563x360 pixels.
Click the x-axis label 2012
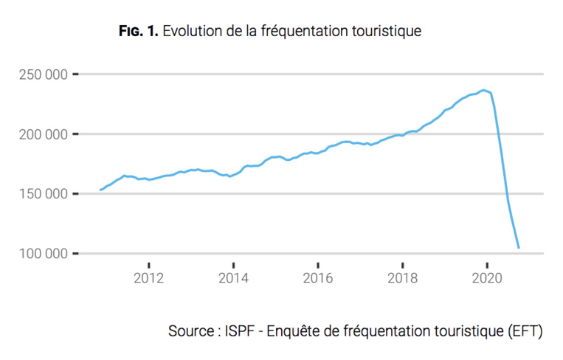148,278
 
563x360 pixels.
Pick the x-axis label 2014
233,278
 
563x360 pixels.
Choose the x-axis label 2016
317,278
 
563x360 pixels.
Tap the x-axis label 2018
402,278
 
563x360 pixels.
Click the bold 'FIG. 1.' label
139,31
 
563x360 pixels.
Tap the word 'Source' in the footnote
191,330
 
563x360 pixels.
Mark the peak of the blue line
484,90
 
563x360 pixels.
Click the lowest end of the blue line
519,248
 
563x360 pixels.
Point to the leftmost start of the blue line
100,190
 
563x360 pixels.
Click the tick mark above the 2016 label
317,263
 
